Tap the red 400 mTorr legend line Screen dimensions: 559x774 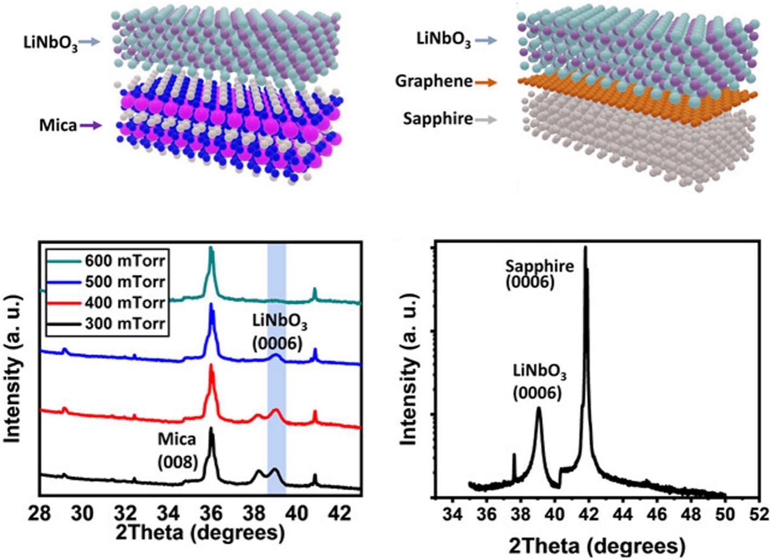coord(64,303)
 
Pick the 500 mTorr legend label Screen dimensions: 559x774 coord(124,282)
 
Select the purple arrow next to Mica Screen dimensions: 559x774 coord(90,126)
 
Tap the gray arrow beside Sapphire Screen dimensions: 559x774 coord(486,119)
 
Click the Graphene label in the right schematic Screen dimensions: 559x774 coord(434,81)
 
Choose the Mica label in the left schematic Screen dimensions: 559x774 coord(58,126)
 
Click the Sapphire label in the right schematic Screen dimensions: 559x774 coord(437,119)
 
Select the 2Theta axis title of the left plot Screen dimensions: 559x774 coord(200,533)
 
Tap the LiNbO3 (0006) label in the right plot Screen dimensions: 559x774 coord(539,382)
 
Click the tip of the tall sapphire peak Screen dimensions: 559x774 coord(585,248)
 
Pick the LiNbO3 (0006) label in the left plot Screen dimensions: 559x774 coord(279,333)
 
